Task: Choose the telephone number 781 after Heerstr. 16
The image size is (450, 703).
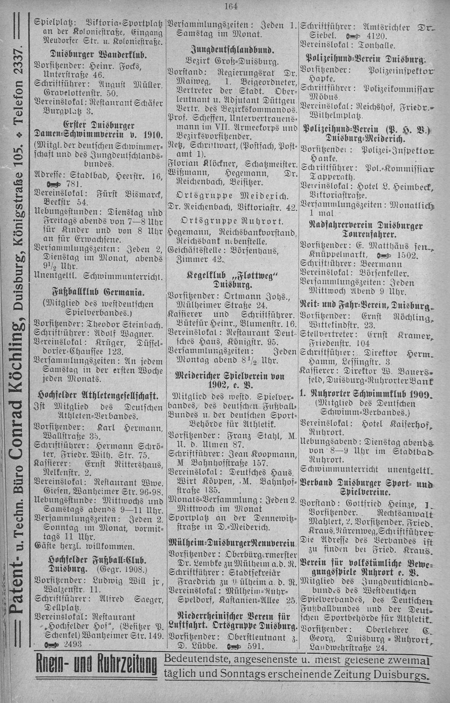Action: click(70, 182)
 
